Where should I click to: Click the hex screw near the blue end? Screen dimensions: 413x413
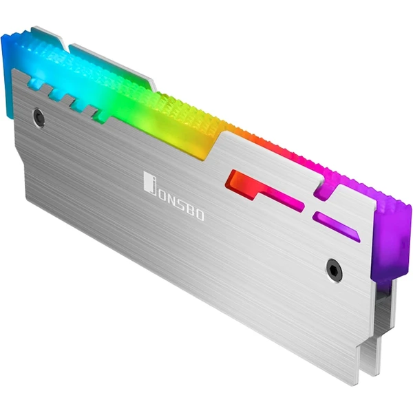tap(39, 118)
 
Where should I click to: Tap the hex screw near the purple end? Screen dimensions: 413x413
tap(334, 271)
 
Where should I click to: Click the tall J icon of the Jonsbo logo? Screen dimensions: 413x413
tap(149, 183)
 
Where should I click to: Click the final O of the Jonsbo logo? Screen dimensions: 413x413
tap(200, 216)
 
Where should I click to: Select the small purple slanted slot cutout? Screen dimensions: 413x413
tap(335, 226)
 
